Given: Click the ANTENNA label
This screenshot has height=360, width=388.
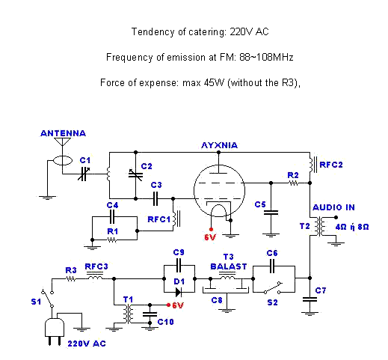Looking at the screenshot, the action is [63, 133].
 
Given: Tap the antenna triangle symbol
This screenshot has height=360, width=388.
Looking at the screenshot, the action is [62, 141].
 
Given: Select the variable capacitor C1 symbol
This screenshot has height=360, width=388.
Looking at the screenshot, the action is [83, 174].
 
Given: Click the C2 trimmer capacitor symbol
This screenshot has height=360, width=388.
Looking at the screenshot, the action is [135, 174].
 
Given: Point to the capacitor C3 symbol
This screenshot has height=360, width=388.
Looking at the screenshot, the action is [155, 198].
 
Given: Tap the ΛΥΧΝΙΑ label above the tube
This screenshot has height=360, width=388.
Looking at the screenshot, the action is [219, 145].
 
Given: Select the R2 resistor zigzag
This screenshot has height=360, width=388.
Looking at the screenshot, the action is [293, 183].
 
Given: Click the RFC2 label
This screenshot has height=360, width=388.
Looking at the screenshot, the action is [331, 165].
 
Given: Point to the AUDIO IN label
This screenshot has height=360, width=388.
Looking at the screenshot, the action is [333, 207].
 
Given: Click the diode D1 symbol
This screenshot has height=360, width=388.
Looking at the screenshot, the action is [179, 292].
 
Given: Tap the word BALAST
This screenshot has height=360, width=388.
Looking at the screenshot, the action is [229, 266].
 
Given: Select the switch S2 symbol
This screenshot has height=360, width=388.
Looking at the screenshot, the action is [273, 287].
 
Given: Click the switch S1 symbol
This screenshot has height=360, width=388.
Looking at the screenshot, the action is [47, 298].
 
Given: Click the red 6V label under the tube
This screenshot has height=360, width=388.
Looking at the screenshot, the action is [210, 237].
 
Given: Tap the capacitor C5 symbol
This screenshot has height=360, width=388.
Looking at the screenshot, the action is [271, 213].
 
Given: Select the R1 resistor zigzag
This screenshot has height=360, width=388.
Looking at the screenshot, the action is [111, 240].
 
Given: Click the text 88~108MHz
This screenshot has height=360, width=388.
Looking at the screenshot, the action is [266, 58].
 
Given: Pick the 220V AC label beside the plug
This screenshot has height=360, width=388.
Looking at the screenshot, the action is [87, 344].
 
